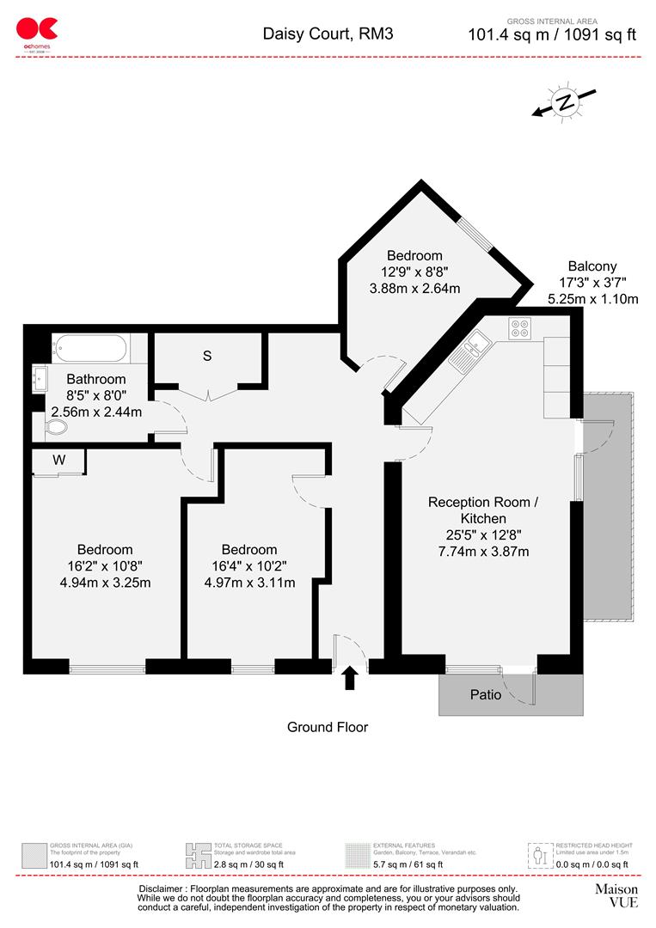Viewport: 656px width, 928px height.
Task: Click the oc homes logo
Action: click(36, 34)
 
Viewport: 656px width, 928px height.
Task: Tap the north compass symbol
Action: click(564, 102)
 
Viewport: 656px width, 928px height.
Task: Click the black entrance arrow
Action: click(350, 677)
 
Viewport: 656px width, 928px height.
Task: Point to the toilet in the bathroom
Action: click(57, 426)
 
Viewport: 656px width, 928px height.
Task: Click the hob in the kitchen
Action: click(520, 328)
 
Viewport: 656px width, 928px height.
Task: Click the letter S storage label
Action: click(206, 357)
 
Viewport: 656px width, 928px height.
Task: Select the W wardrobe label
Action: click(58, 460)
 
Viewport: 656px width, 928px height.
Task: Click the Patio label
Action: click(486, 694)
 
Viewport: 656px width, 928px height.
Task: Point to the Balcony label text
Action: click(592, 266)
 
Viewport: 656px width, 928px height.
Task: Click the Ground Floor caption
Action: click(327, 728)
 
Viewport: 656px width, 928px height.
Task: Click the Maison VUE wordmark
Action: click(616, 895)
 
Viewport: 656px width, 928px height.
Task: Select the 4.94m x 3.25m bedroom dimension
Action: click(105, 583)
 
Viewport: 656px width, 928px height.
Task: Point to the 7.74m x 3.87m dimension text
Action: click(482, 551)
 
